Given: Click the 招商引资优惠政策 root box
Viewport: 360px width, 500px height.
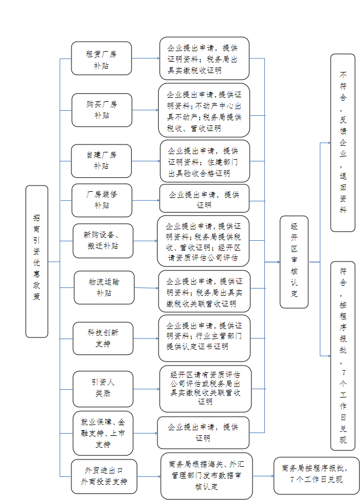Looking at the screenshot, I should [37, 261].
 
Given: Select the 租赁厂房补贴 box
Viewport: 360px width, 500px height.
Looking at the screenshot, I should [101, 58].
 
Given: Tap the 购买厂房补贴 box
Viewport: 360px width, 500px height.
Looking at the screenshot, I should [101, 110].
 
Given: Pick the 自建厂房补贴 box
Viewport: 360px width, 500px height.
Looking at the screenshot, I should [101, 160].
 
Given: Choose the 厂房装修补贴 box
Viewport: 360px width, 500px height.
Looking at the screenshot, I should [102, 200].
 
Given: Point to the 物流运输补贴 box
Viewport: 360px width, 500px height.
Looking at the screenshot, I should [104, 287].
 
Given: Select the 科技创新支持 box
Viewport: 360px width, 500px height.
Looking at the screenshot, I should [102, 338].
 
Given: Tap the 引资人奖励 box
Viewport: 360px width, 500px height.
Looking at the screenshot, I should [102, 388].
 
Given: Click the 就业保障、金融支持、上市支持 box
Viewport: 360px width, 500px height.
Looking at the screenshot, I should [102, 433].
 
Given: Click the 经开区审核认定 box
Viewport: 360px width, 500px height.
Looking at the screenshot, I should [294, 262].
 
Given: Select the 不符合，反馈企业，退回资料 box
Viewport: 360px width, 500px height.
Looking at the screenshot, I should [343, 143].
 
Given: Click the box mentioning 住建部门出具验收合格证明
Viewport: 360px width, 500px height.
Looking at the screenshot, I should [205, 161].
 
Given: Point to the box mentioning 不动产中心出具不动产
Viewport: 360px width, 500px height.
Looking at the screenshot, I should [204, 110].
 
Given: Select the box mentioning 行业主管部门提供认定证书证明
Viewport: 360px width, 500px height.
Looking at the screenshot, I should [204, 338].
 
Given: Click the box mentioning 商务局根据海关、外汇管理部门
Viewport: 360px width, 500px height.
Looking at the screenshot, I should [206, 476].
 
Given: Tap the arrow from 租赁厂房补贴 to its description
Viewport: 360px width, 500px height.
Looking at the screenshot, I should [145, 58].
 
